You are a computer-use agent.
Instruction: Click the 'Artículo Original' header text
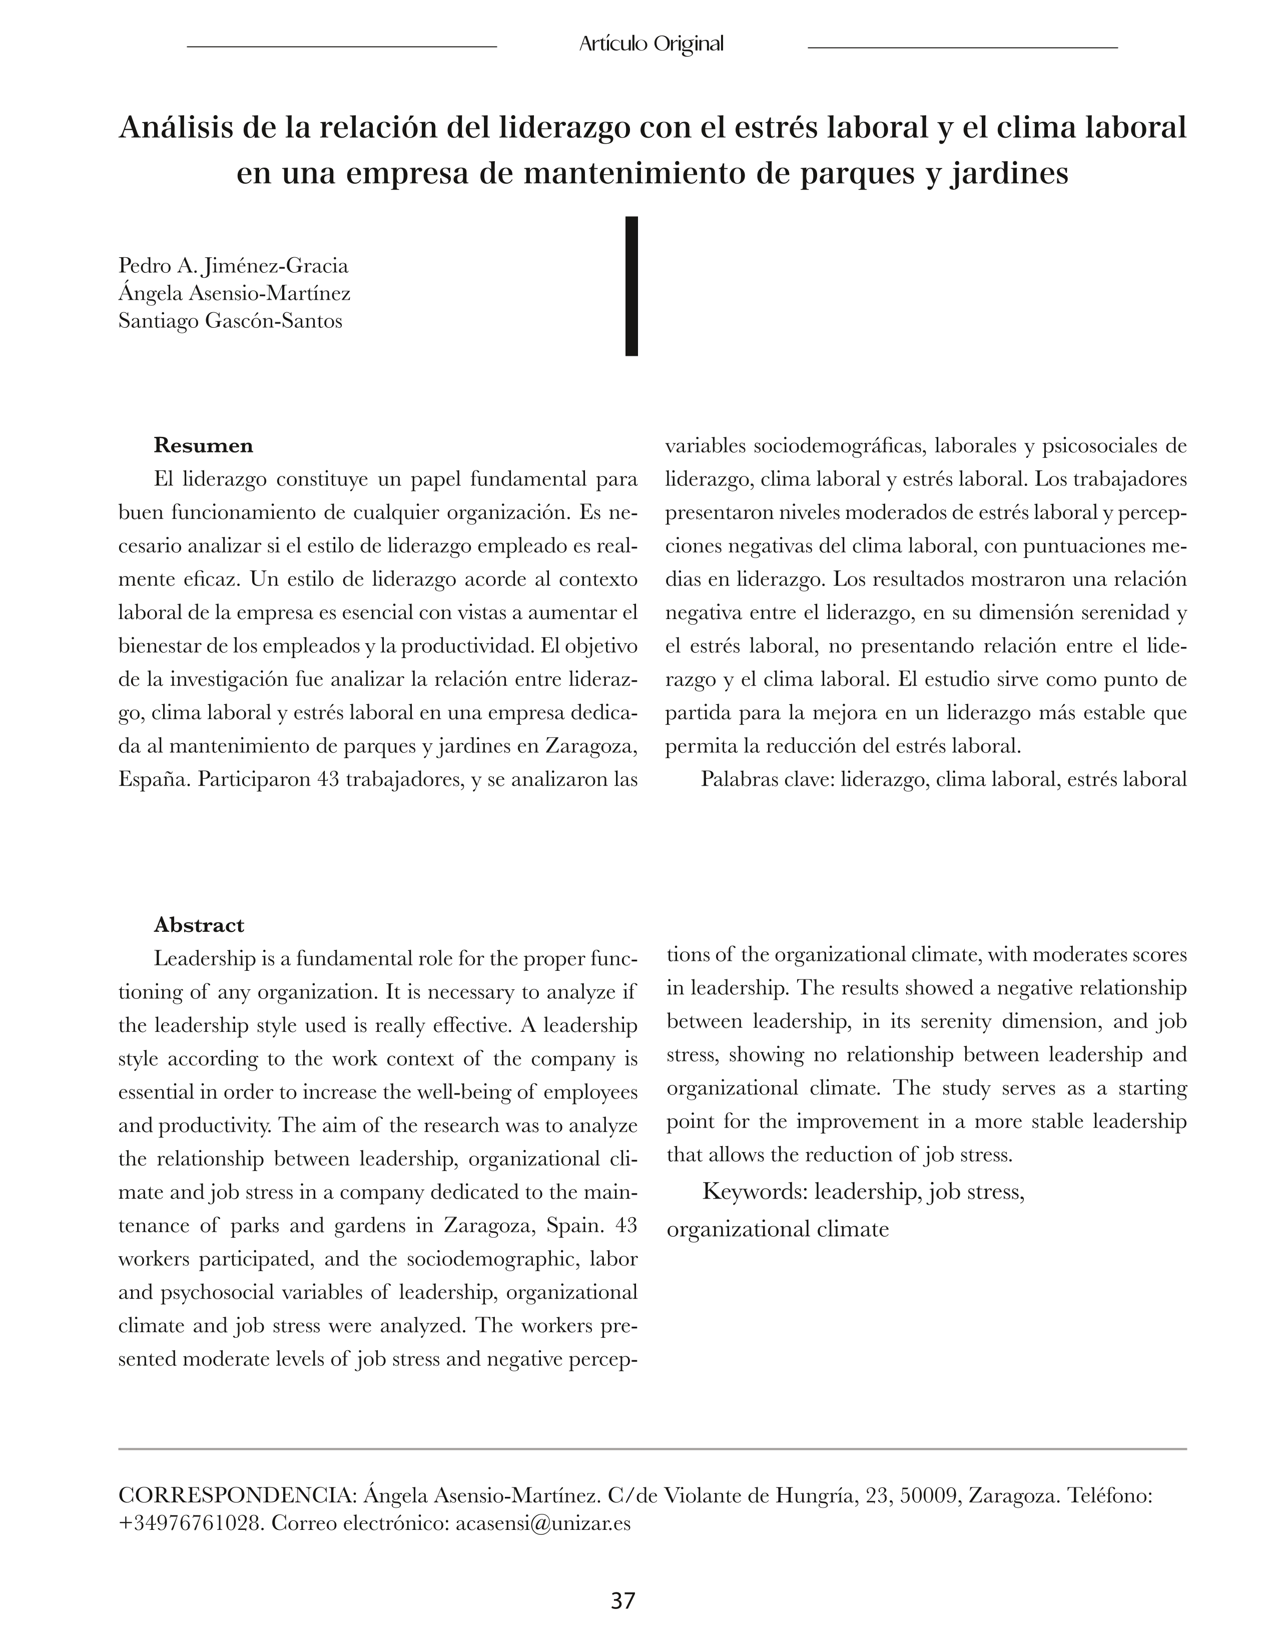pos(651,45)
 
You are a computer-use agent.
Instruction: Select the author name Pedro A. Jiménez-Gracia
pos(234,266)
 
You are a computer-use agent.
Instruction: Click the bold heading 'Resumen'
pos(203,446)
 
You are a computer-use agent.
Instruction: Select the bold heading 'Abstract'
pos(199,925)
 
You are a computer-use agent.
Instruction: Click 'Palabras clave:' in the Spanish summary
pos(767,779)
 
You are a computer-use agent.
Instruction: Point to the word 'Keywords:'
pos(755,1192)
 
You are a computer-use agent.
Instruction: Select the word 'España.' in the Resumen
pos(155,779)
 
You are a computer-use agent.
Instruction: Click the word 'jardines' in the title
pos(1009,174)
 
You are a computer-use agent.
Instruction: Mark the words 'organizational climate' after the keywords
pos(777,1229)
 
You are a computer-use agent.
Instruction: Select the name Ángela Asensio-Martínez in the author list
pos(234,293)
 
